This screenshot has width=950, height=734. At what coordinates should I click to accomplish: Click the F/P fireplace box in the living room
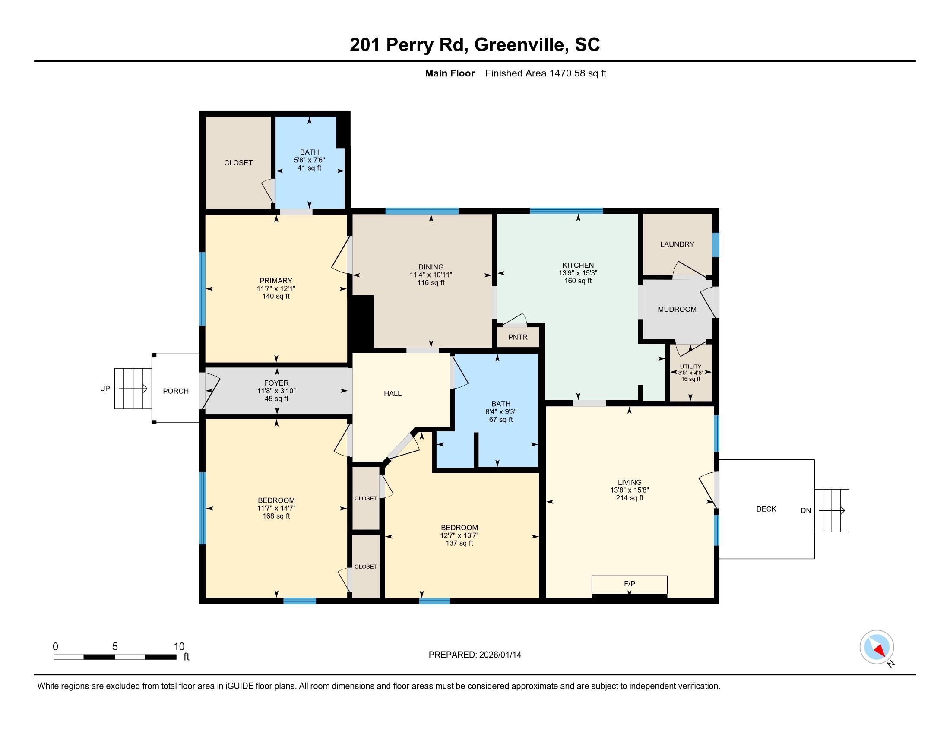tap(629, 585)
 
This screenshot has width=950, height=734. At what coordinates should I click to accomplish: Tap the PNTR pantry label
tap(518, 337)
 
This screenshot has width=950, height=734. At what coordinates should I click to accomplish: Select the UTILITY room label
tap(690, 366)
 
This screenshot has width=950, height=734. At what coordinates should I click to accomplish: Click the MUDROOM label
tap(677, 309)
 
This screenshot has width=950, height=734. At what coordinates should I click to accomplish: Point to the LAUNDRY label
tap(677, 244)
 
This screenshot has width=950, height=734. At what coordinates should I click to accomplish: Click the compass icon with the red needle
tap(877, 647)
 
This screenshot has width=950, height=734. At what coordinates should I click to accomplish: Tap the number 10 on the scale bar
tap(179, 646)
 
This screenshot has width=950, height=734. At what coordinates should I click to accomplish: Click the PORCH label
tap(176, 391)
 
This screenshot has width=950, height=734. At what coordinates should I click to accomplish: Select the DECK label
tap(766, 509)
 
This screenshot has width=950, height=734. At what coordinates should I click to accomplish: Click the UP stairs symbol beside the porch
tap(133, 388)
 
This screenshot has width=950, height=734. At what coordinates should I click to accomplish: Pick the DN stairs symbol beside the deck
tap(831, 510)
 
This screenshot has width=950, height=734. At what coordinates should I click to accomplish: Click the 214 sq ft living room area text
tap(630, 498)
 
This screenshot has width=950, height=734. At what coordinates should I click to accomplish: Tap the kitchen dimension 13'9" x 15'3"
tap(578, 273)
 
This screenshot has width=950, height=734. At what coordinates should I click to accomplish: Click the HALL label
tap(393, 393)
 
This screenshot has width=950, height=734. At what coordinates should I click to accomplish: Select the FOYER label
tap(276, 383)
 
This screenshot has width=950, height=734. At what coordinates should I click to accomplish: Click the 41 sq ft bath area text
tap(309, 168)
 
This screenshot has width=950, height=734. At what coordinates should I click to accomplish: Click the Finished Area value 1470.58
tap(568, 73)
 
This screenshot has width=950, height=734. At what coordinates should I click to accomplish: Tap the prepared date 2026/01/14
tap(500, 655)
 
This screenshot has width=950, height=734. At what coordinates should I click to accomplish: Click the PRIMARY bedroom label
tap(276, 281)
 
